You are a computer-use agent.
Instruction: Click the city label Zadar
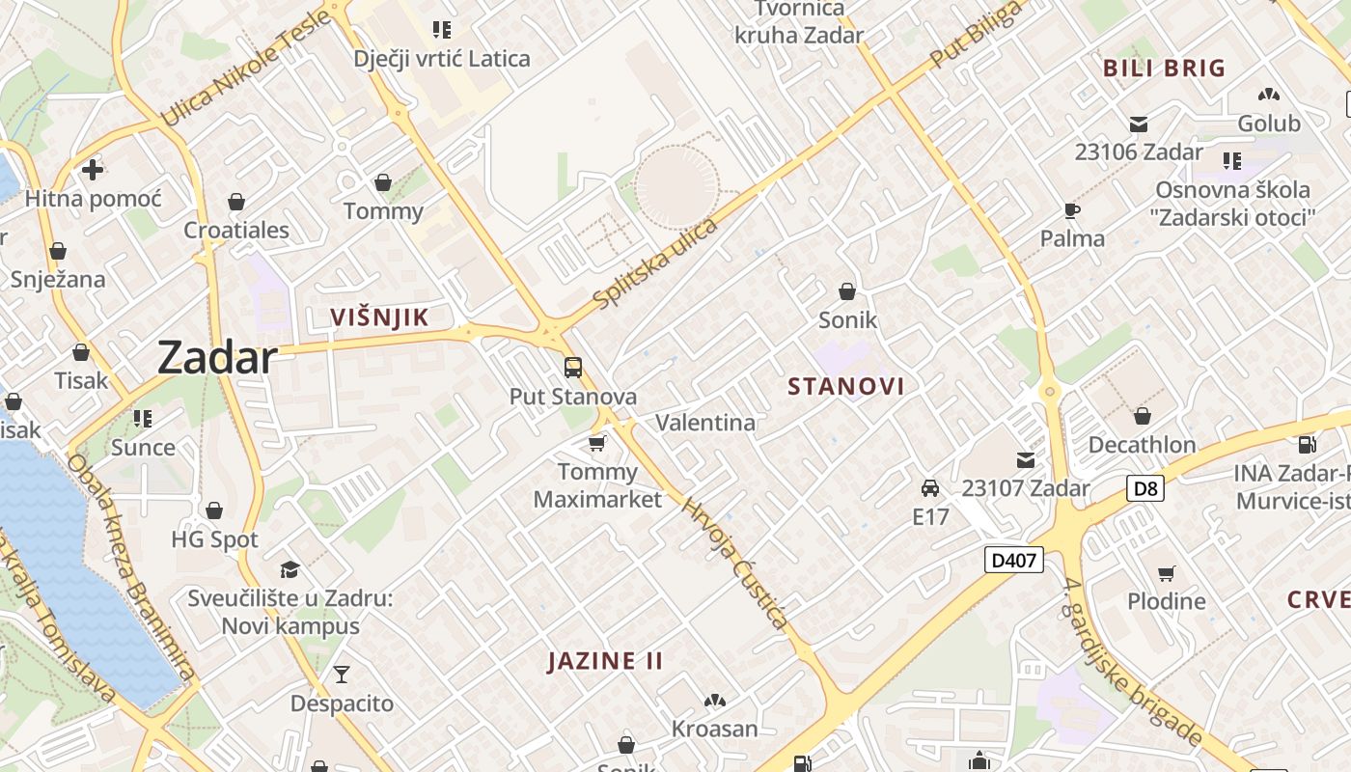[x=217, y=357]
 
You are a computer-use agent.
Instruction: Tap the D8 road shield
[x=1144, y=488]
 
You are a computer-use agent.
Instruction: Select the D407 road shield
[x=1014, y=560]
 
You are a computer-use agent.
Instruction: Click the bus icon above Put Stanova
[x=573, y=368]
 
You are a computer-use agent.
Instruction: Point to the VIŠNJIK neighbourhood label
[x=379, y=317]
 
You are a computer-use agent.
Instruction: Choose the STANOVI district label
[x=846, y=387]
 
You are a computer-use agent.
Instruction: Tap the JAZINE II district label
[x=605, y=661]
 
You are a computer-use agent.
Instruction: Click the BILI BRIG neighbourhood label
[x=1164, y=69]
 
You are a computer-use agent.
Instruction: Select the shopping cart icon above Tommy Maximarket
[x=597, y=443]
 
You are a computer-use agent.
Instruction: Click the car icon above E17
[x=930, y=487]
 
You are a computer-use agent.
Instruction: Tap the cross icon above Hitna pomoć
[x=93, y=171]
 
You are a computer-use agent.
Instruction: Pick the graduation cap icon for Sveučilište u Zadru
[x=289, y=569]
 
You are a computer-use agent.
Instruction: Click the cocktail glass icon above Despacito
[x=342, y=674]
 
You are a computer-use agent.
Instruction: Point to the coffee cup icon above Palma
[x=1072, y=209]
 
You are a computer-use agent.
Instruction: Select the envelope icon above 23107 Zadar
[x=1025, y=460]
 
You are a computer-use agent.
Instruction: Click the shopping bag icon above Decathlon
[x=1143, y=416]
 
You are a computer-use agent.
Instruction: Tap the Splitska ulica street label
[x=656, y=263]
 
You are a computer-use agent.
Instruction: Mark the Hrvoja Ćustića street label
[x=735, y=563]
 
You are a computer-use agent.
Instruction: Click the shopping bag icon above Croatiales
[x=236, y=202]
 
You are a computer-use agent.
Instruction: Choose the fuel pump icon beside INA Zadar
[x=1308, y=445]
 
